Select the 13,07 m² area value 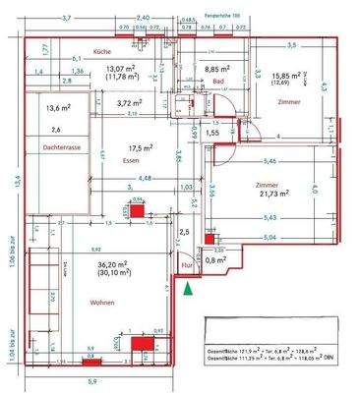pos(121,67)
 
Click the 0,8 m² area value pos(216,261)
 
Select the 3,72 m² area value pos(130,102)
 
